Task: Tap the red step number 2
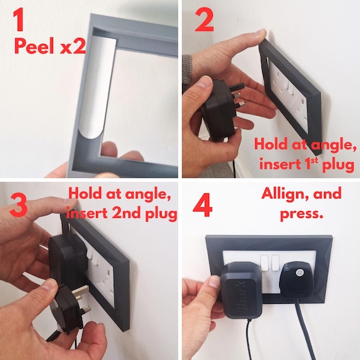pyautogui.click(x=205, y=21)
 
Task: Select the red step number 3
pyautogui.click(x=18, y=205)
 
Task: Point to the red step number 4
pyautogui.click(x=203, y=205)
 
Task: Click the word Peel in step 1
pyautogui.click(x=35, y=45)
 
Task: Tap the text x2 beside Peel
pyautogui.click(x=73, y=47)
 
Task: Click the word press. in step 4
pyautogui.click(x=301, y=213)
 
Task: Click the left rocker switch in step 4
pyautogui.click(x=265, y=263)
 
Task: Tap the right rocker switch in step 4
pyautogui.click(x=275, y=263)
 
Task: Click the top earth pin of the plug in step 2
pyautogui.click(x=236, y=88)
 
